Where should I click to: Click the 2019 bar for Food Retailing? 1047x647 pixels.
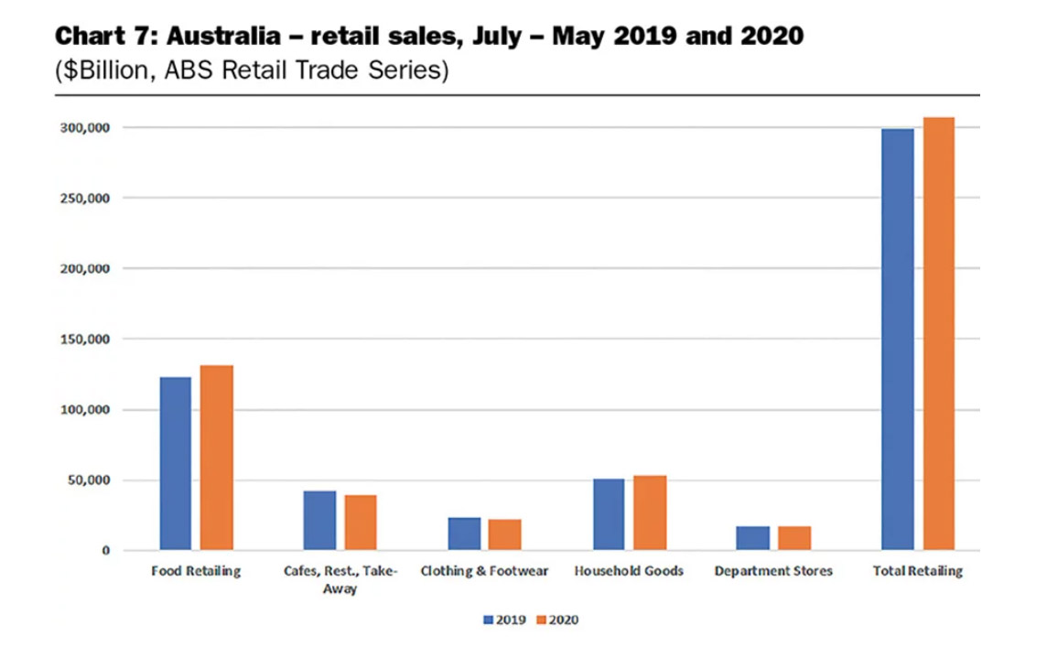point(176,463)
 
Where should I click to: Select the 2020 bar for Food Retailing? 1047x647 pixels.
point(217,458)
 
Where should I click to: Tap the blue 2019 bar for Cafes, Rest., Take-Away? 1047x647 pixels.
point(320,521)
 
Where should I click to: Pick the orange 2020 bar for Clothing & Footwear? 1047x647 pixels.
point(505,534)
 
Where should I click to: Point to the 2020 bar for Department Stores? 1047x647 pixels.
point(794,538)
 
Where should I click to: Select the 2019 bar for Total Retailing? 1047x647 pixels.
point(897,340)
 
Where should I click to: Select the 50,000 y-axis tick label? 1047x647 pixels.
point(92,480)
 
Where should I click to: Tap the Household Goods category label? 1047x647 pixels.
point(629,572)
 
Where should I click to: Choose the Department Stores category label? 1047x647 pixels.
point(773,572)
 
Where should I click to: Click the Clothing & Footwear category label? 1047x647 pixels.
point(484,572)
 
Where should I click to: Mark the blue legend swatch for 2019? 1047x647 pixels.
point(488,620)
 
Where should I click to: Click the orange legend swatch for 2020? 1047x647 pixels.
point(541,620)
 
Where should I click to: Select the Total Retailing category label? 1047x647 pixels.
point(918,572)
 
